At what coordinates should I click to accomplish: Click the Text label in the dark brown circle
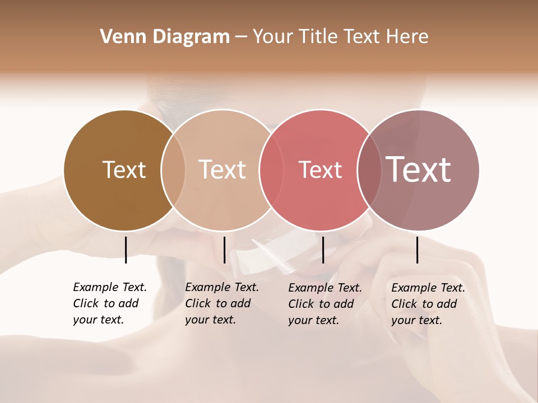(x=124, y=170)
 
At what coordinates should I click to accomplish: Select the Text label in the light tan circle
(x=222, y=170)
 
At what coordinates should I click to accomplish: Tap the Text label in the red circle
(x=320, y=170)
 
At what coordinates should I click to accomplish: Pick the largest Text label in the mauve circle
(x=419, y=169)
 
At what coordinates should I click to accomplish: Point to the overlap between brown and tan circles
(x=173, y=170)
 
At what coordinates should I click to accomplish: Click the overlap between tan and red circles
(x=271, y=170)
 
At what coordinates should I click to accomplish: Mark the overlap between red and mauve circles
(x=369, y=170)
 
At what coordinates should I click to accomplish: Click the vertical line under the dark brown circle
(x=126, y=250)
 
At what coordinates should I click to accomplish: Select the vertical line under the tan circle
(x=224, y=250)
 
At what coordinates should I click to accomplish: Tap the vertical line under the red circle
(x=323, y=250)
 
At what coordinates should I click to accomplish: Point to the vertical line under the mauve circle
(x=417, y=250)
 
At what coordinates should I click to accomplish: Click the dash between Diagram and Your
(x=241, y=38)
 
